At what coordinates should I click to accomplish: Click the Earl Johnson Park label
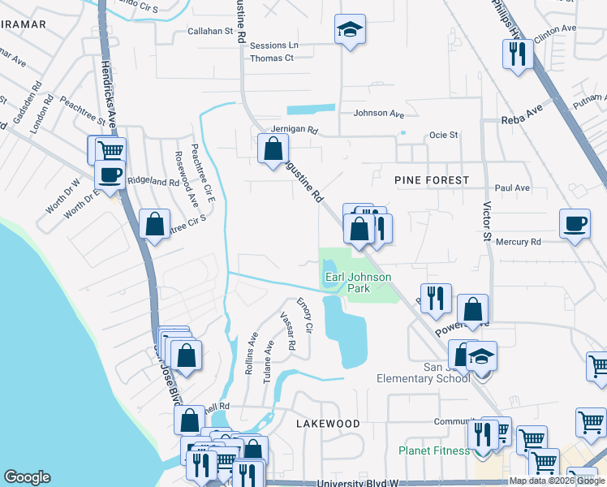358,282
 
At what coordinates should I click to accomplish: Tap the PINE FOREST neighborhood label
431,179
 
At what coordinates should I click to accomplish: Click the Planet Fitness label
434,450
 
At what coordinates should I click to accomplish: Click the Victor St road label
488,222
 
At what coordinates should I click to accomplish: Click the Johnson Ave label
378,114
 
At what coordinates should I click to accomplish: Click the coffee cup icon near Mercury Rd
575,222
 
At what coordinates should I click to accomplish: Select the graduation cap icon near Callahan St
350,30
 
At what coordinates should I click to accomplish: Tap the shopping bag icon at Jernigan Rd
273,147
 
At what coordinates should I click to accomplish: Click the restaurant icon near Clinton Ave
518,54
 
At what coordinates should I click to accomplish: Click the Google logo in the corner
27,477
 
